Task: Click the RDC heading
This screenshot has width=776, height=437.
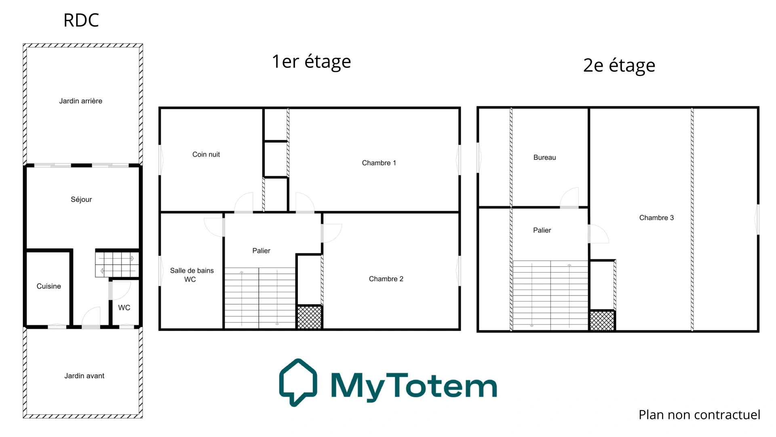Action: (x=81, y=20)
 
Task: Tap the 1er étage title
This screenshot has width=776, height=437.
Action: (x=311, y=62)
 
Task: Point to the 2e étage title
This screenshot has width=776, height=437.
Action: (x=619, y=66)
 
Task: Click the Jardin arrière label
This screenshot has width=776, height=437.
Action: (x=81, y=101)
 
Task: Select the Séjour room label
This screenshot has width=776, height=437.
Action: (x=81, y=199)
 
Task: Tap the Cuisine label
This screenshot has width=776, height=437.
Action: (x=49, y=286)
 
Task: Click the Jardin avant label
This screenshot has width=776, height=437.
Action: (x=84, y=376)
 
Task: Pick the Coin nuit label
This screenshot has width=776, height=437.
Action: (x=206, y=154)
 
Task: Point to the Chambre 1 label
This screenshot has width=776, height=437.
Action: (x=379, y=163)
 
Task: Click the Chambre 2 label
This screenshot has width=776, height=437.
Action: (x=386, y=279)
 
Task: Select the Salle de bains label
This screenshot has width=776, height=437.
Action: (x=192, y=270)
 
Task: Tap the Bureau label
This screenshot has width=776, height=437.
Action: (x=544, y=157)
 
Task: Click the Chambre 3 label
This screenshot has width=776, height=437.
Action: (x=657, y=218)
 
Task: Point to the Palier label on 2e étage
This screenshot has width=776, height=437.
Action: (x=542, y=230)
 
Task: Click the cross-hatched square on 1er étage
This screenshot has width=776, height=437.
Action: (x=309, y=317)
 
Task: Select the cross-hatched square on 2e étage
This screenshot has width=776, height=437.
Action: (x=602, y=321)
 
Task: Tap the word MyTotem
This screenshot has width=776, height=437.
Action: (x=414, y=386)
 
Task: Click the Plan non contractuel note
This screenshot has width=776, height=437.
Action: (x=699, y=415)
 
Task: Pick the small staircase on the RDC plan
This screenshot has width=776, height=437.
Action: (x=117, y=264)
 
